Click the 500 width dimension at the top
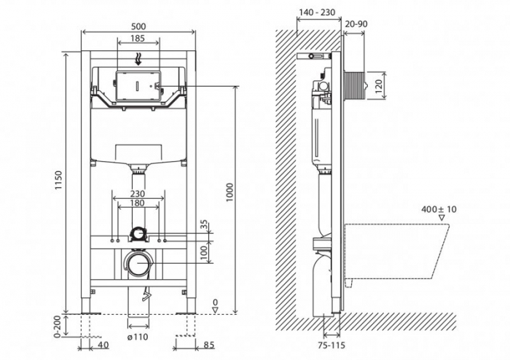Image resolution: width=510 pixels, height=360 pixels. pos(138,26)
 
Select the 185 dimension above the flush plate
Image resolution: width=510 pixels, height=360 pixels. pos(138,37)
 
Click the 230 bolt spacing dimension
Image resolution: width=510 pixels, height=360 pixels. pos(138,194)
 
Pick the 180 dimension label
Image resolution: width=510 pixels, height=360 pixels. pos(138,203)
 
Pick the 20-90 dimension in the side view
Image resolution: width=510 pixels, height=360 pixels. pos(357,25)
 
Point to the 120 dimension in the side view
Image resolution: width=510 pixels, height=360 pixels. pos(377,85)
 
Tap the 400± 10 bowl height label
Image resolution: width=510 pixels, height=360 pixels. pos(439,209)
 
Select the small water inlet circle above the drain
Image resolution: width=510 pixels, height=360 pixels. pos(138,234)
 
